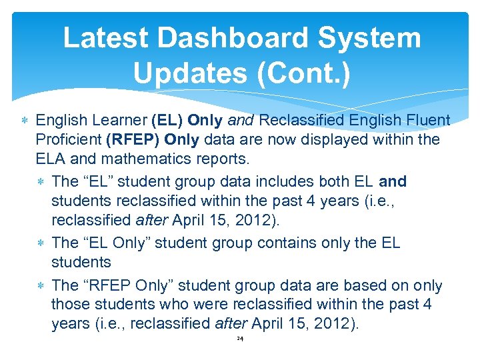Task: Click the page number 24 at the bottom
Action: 240,339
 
